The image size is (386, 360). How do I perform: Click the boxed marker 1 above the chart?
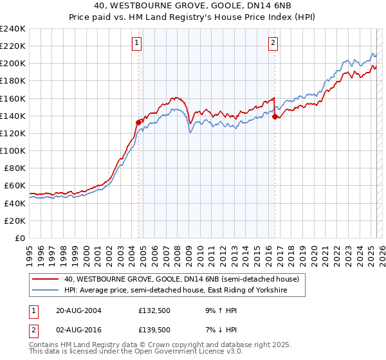point(137,43)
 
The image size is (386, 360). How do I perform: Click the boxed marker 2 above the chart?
point(273,43)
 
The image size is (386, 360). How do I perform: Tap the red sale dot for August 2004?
point(138,122)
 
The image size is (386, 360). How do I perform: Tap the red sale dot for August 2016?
point(275,116)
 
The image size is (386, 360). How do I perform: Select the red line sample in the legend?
point(46,280)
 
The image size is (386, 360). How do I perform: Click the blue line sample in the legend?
point(46,291)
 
